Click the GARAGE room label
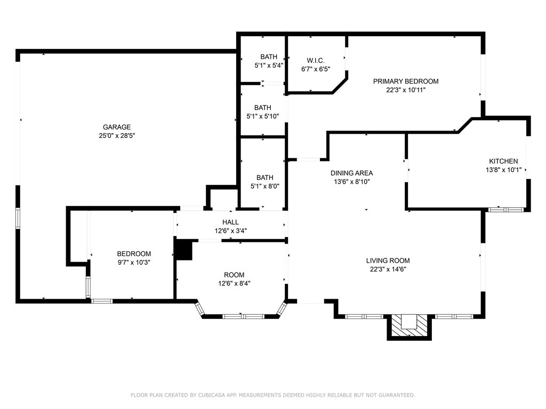(117, 127)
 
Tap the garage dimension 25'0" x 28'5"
(117, 136)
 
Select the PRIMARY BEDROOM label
(405, 81)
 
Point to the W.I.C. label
(316, 60)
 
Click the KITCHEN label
(503, 161)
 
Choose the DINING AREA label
(351, 173)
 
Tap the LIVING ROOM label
(388, 260)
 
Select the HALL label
(230, 222)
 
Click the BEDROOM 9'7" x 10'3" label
(134, 254)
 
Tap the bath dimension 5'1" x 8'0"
(264, 186)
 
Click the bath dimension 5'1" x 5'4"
(268, 66)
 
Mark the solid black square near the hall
(183, 250)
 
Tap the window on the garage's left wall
(18, 218)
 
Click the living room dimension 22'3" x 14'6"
(388, 269)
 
